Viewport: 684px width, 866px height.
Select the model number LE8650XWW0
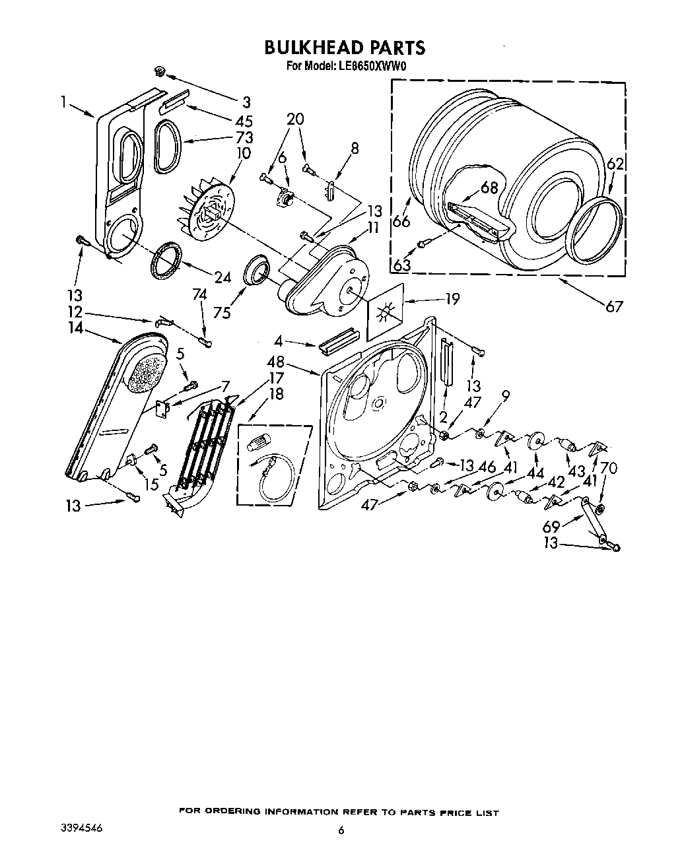click(373, 66)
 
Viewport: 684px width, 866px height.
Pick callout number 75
click(222, 314)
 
